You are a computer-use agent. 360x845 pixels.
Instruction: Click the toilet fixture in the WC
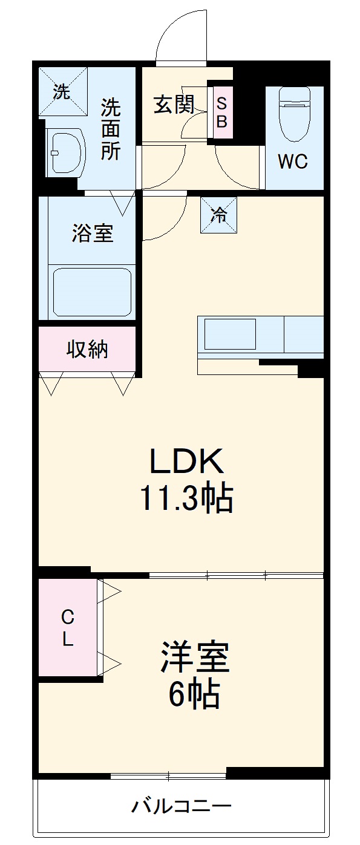[x=295, y=112]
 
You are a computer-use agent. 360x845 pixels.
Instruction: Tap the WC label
[x=293, y=161]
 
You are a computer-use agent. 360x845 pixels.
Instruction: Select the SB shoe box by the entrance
[x=221, y=112]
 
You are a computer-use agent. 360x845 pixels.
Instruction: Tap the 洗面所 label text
[x=110, y=129]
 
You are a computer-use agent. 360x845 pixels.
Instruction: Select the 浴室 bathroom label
[x=93, y=233]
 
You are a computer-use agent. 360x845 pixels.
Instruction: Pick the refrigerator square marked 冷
[x=218, y=215]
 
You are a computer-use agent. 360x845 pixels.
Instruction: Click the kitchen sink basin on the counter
[x=230, y=334]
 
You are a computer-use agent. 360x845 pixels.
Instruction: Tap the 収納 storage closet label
[x=87, y=349]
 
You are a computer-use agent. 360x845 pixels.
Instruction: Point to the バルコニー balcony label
[x=181, y=806]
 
